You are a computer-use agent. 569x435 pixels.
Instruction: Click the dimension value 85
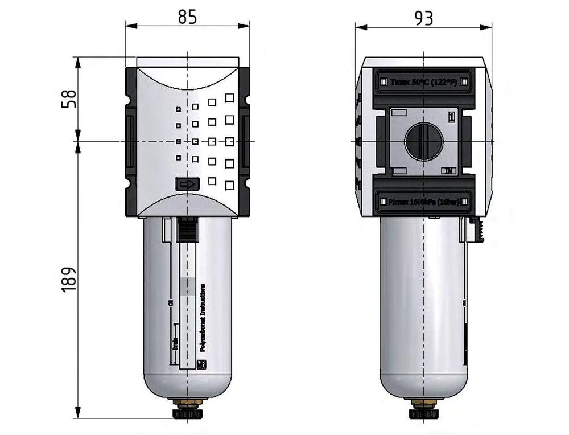(187, 17)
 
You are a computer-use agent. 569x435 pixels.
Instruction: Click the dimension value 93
(423, 18)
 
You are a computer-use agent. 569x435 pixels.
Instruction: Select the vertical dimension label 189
(68, 279)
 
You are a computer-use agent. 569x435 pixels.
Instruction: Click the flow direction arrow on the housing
(187, 184)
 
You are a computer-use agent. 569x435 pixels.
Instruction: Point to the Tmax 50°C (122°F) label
(424, 82)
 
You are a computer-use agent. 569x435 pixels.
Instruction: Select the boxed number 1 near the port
(451, 117)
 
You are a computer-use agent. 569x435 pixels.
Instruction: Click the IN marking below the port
(449, 170)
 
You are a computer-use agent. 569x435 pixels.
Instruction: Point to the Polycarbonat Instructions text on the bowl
(203, 321)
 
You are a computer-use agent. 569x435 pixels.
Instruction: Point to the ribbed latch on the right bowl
(479, 231)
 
